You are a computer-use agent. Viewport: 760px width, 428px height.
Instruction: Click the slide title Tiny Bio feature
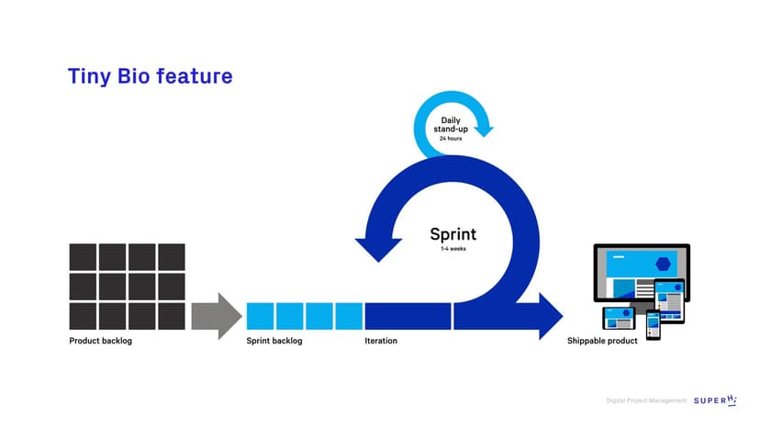(150, 76)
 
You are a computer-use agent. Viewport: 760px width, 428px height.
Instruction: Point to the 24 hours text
(451, 139)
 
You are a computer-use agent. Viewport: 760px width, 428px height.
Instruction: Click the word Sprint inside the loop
(453, 233)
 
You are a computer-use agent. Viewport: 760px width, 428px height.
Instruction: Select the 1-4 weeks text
(453, 249)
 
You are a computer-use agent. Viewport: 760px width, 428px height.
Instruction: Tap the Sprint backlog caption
(274, 342)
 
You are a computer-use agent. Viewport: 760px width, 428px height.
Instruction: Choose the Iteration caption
(381, 342)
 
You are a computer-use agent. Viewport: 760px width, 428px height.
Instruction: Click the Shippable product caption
(602, 342)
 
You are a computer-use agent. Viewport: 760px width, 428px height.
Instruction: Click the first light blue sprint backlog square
(260, 316)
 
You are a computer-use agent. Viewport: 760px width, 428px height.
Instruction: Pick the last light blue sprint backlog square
(349, 316)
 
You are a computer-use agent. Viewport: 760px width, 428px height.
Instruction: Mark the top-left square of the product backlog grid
(84, 257)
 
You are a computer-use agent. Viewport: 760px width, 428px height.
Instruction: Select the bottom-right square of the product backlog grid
(172, 316)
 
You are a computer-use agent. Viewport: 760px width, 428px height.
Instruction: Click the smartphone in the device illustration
(653, 324)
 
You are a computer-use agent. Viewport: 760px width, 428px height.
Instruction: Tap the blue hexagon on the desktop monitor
(662, 264)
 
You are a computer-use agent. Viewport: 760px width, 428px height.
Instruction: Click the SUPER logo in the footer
(716, 400)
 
